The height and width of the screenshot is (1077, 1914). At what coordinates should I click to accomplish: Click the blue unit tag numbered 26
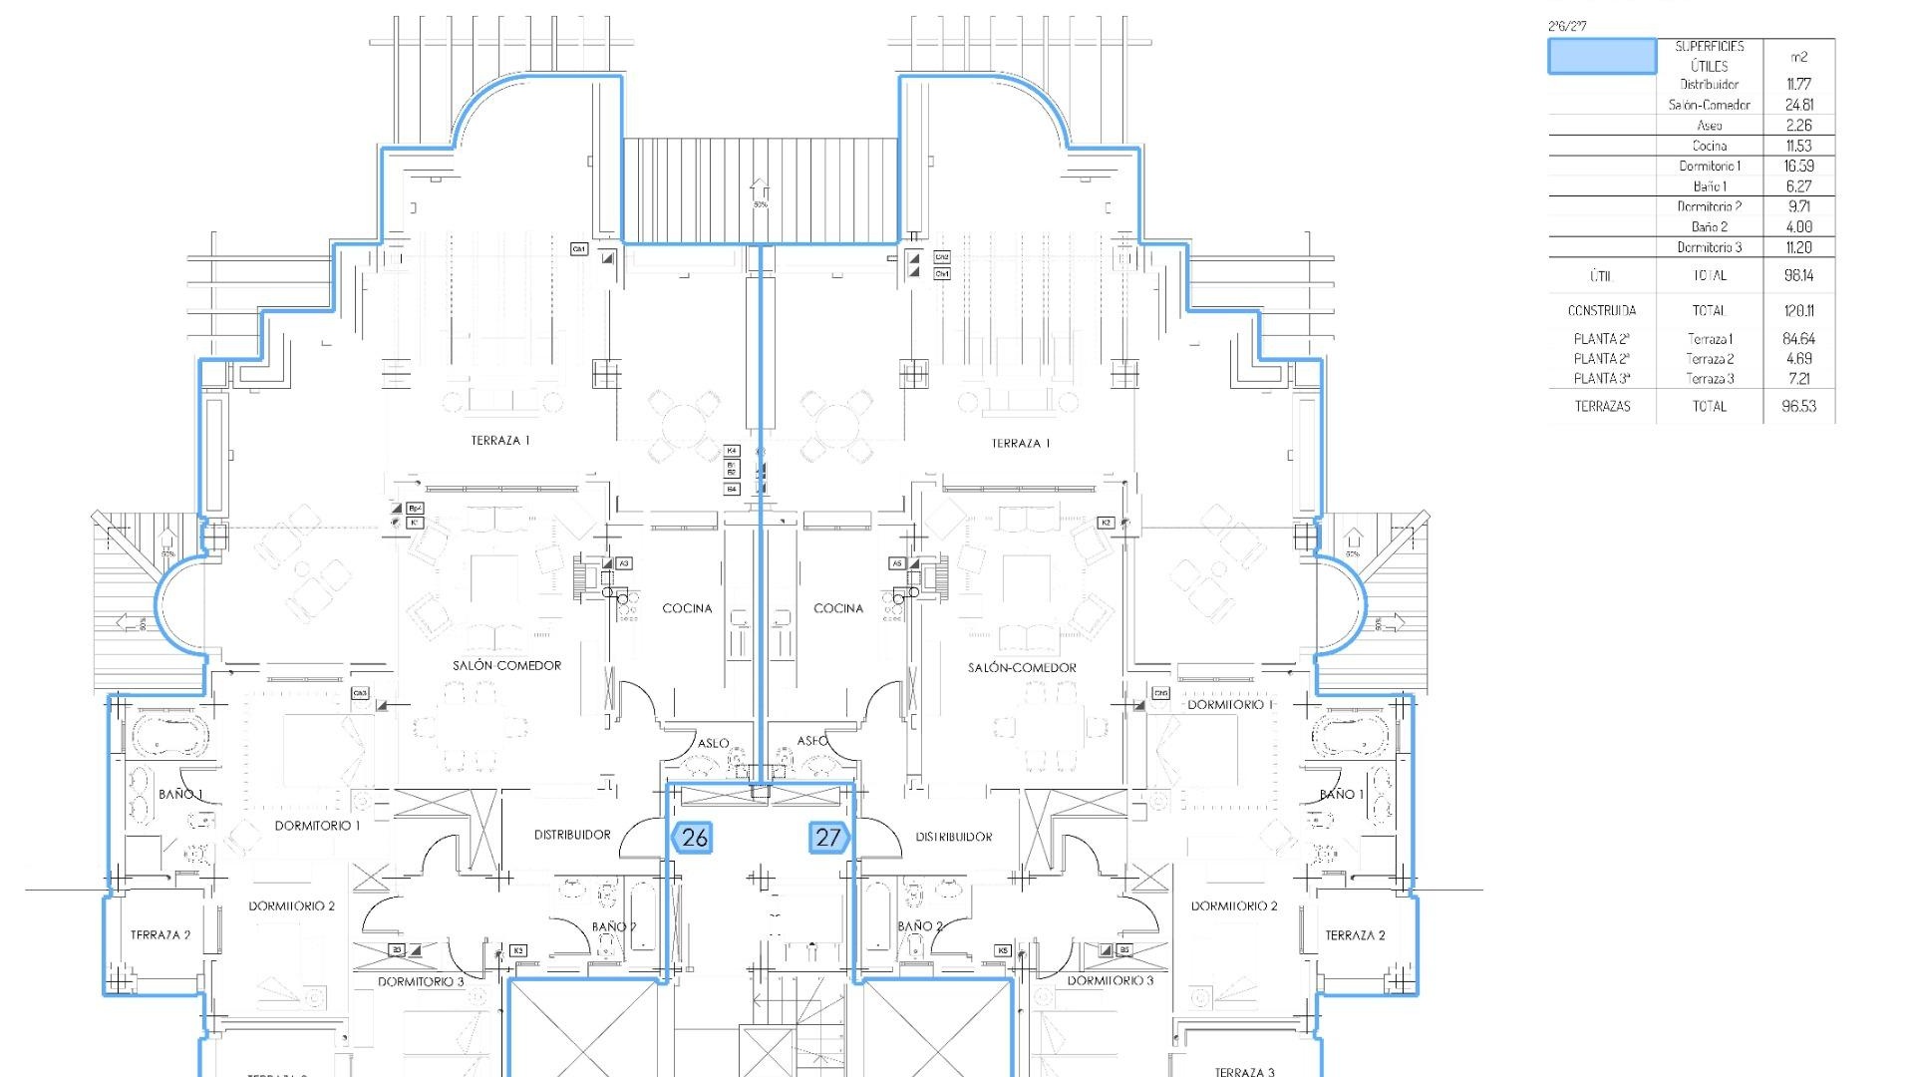(x=692, y=837)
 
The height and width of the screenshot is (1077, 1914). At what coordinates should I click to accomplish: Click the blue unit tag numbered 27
(x=828, y=837)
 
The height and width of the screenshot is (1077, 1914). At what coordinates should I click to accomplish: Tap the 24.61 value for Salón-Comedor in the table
(x=1798, y=105)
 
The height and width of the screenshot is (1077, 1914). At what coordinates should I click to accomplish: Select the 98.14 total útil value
(x=1798, y=275)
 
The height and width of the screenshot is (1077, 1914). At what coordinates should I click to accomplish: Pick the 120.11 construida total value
(x=1798, y=310)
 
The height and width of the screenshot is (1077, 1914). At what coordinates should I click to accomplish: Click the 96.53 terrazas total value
(x=1798, y=406)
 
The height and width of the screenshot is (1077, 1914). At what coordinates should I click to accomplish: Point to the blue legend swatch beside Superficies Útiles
(x=1601, y=57)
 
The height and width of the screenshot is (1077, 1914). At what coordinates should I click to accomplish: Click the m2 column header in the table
(x=1798, y=57)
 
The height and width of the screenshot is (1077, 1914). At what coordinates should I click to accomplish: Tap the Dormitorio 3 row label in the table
(x=1709, y=247)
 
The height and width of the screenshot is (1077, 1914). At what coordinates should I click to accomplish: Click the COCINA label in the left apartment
(x=687, y=608)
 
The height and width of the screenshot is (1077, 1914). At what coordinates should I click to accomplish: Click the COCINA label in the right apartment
(x=838, y=608)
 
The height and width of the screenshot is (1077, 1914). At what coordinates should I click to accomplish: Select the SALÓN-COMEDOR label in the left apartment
(x=506, y=665)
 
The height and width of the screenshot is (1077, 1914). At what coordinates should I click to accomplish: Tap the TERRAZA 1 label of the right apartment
(x=1021, y=443)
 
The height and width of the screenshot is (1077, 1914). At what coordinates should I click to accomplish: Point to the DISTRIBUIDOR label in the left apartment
(x=572, y=835)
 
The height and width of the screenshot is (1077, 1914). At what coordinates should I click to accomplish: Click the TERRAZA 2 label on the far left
(x=159, y=935)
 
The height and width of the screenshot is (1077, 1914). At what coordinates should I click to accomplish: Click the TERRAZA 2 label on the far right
(x=1355, y=935)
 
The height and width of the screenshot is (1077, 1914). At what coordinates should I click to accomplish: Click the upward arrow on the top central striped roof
(x=760, y=188)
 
